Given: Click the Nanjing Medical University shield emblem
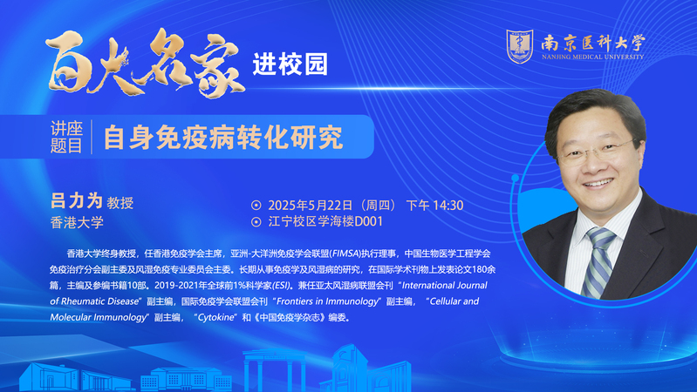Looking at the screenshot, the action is pyautogui.click(x=520, y=46).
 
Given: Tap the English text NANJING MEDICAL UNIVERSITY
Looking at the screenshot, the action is pyautogui.click(x=592, y=57).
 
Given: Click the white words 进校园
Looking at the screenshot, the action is pyautogui.click(x=290, y=64).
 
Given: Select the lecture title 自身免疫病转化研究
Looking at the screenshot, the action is pyautogui.click(x=223, y=138).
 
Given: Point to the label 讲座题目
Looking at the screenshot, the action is pyautogui.click(x=66, y=137).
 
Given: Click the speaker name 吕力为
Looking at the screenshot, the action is pyautogui.click(x=77, y=201).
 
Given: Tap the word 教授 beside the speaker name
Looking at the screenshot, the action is pyautogui.click(x=120, y=203).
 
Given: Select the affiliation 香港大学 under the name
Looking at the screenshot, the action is pyautogui.click(x=77, y=222).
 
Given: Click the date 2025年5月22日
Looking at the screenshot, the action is pyautogui.click(x=311, y=205).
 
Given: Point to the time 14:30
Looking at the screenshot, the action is pyautogui.click(x=448, y=205).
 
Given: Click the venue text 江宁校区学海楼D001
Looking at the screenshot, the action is pyautogui.click(x=325, y=221).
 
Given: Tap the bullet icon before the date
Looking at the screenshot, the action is pyautogui.click(x=256, y=205).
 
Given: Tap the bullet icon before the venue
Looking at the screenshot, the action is pyautogui.click(x=256, y=221).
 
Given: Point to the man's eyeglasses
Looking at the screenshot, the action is pyautogui.click(x=596, y=151).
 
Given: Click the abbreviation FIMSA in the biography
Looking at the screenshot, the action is pyautogui.click(x=345, y=253).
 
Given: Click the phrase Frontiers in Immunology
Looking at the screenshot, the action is pyautogui.click(x=327, y=301).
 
